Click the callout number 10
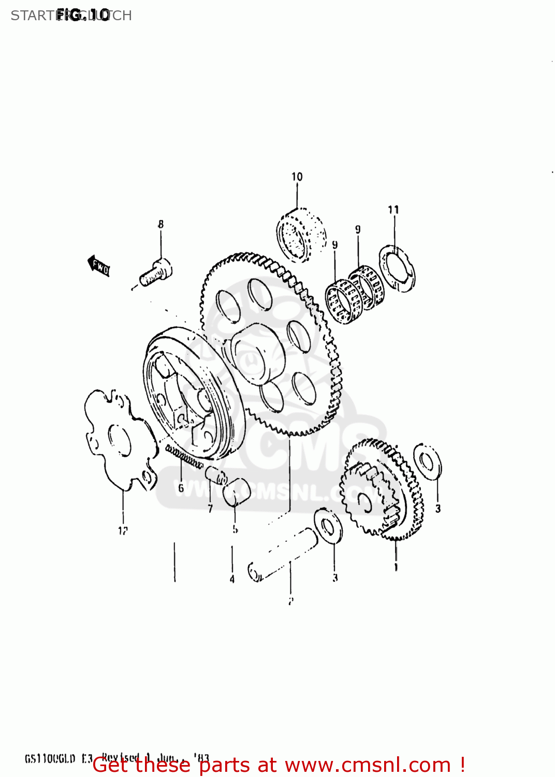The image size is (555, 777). click(x=297, y=177)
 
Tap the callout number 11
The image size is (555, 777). click(x=393, y=210)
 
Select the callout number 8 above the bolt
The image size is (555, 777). click(x=160, y=224)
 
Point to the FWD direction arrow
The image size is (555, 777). click(x=98, y=266)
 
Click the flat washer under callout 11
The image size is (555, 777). click(x=397, y=268)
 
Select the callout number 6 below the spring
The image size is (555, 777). click(x=181, y=488)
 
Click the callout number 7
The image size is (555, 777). click(x=210, y=509)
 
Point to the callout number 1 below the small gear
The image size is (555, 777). click(x=396, y=567)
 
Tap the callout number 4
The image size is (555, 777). click(x=232, y=579)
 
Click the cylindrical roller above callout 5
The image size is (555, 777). click(x=236, y=492)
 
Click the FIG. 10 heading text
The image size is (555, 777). click(x=83, y=15)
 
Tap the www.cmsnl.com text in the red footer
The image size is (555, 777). click(x=368, y=765)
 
